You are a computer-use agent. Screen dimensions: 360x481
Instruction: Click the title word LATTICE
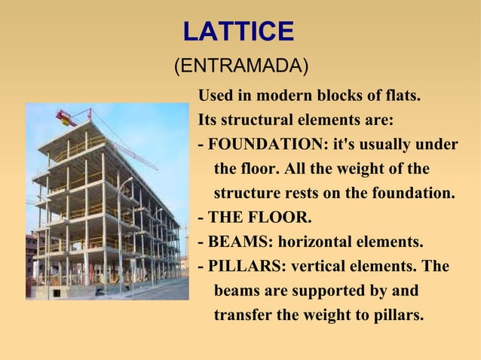click(238, 32)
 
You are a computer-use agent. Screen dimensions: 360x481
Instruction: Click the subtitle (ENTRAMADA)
click(240, 66)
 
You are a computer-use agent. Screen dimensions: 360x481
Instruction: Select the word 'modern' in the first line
click(284, 96)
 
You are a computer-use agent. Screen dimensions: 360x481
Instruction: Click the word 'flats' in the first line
click(400, 96)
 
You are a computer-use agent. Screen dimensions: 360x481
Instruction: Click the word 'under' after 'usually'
click(437, 145)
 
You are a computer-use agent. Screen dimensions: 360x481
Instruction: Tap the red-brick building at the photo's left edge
click(31, 256)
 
